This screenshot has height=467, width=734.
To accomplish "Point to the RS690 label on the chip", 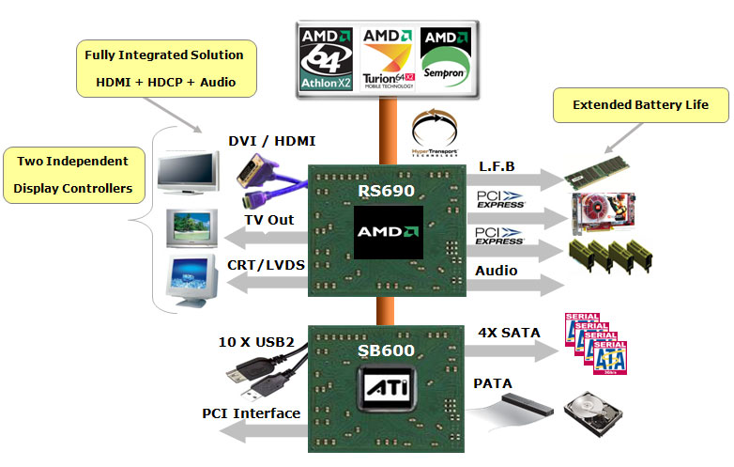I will [387, 192].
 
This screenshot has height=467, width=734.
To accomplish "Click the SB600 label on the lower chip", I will [387, 350].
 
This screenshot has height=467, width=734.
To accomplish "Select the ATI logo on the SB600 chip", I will [387, 388].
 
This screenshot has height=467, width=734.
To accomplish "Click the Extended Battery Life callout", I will [640, 104].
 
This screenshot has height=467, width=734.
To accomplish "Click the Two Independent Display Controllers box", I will [73, 175].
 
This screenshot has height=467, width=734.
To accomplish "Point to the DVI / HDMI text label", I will [272, 141].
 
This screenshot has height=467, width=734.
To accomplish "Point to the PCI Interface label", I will [251, 413].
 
